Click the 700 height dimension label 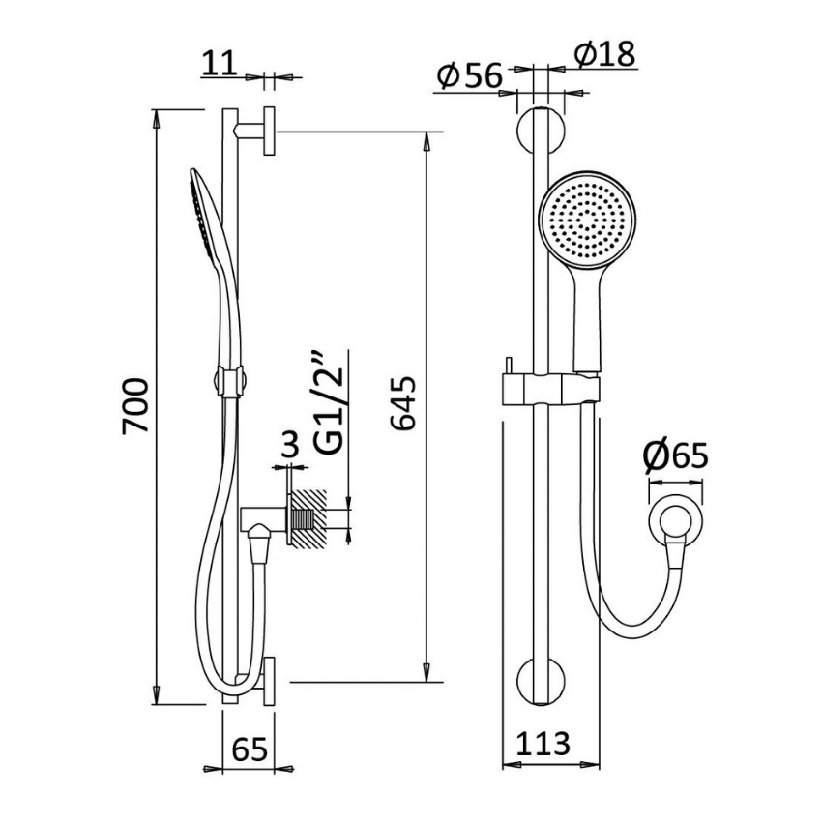click(136, 406)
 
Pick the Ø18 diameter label click(604, 54)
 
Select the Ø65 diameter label click(676, 455)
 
